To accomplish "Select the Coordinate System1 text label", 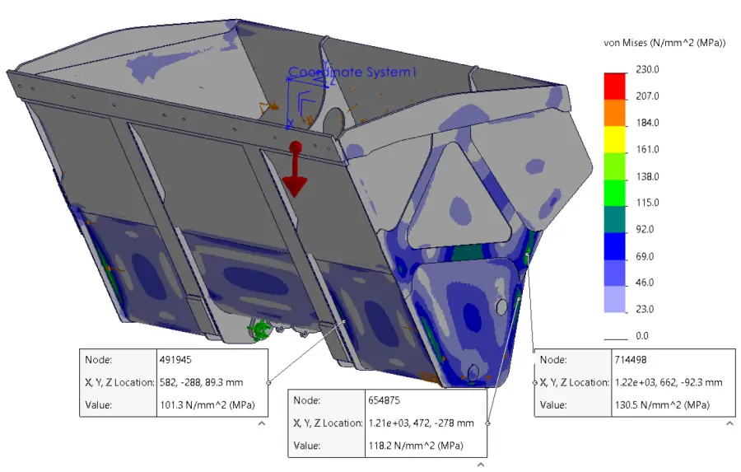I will [x=352, y=72].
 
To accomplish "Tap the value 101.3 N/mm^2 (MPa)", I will [x=205, y=405].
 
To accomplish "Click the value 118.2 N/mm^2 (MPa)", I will [x=415, y=446].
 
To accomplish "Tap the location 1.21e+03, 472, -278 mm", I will [x=420, y=423].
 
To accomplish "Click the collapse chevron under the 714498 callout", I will [x=729, y=423].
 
